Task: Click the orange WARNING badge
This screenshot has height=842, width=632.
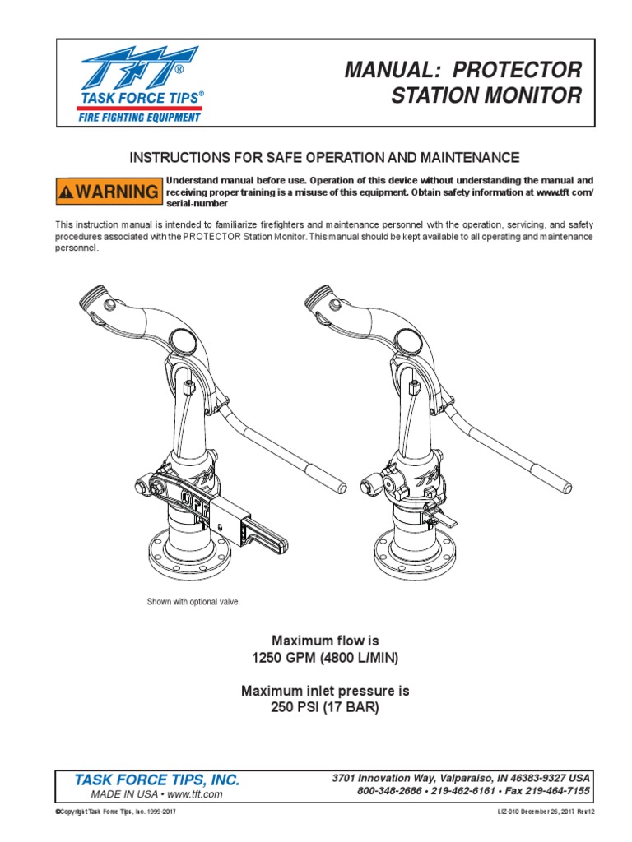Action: [x=109, y=192]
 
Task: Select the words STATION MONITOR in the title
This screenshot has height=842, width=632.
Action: [x=486, y=96]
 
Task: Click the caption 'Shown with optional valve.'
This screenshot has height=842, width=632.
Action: [x=193, y=602]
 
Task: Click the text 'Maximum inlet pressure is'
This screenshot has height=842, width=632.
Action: [x=325, y=691]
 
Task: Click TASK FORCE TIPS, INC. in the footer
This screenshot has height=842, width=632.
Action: [x=157, y=780]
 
